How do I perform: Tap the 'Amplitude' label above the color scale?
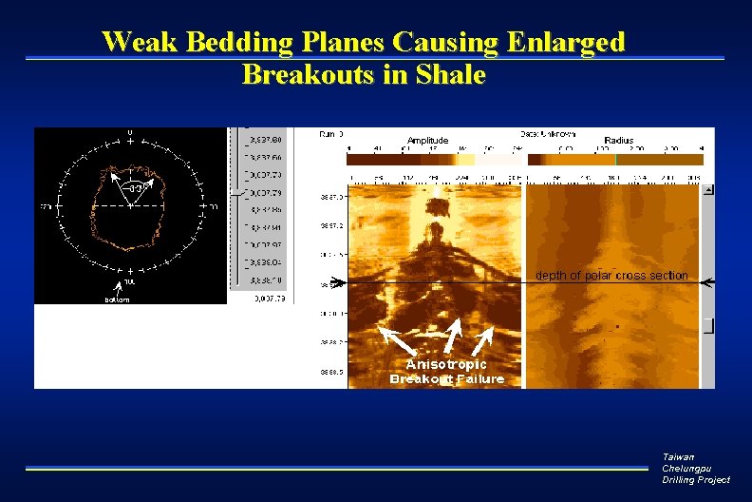click(427, 140)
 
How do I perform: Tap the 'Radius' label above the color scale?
click(619, 140)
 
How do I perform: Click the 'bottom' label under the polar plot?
click(117, 299)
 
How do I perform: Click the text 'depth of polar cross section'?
click(611, 276)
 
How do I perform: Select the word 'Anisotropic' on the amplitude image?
click(446, 364)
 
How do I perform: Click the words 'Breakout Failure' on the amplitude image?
click(446, 379)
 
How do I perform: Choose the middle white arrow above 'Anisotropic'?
click(451, 335)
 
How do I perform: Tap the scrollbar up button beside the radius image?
click(707, 190)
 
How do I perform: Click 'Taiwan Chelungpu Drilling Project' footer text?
click(695, 469)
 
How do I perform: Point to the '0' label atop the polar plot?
click(130, 132)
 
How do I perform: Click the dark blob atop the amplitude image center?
click(437, 231)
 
